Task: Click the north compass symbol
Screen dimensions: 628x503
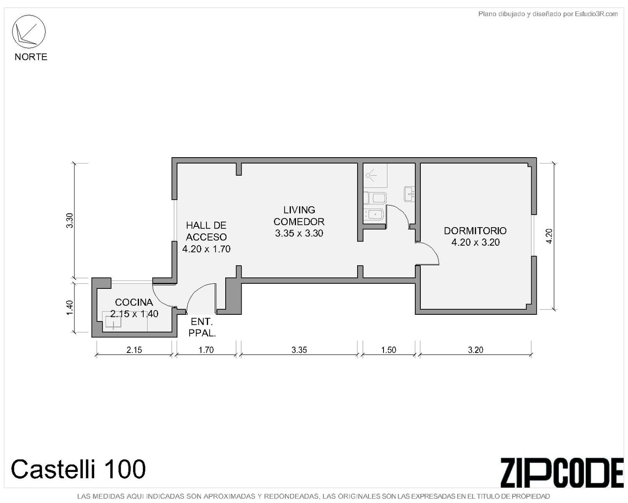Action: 28,31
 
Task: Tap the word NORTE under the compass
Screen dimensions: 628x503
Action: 31,57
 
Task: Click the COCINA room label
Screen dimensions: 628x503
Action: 134,302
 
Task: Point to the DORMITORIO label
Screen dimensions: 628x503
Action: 475,231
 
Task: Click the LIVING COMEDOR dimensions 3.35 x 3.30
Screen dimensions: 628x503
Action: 299,233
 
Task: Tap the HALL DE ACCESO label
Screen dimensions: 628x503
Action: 206,231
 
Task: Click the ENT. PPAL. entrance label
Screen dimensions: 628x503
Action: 202,327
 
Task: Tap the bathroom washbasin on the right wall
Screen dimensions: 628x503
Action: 410,194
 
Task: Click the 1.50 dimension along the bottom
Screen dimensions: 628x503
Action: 389,350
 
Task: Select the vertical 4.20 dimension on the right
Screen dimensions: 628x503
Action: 549,236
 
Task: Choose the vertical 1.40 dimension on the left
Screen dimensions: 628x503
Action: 69,308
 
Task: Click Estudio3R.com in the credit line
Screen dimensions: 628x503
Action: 596,14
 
